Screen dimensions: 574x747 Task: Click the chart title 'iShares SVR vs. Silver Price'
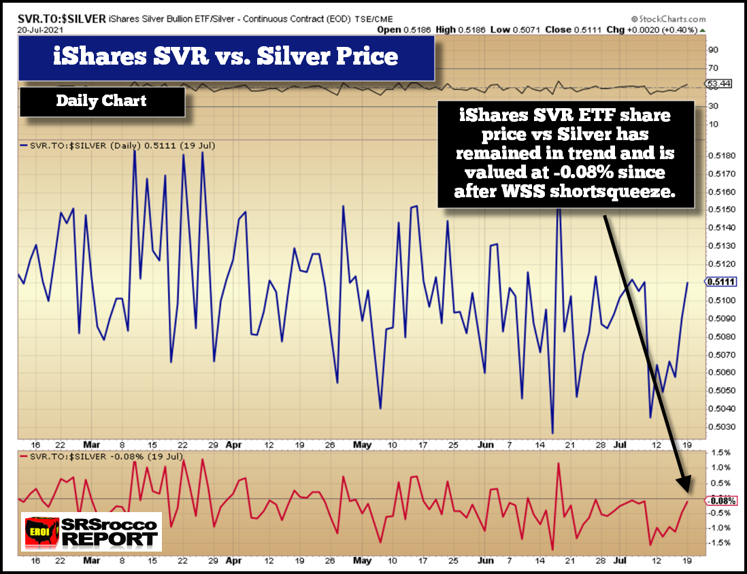tap(226, 56)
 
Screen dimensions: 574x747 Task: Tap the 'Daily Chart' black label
tap(101, 101)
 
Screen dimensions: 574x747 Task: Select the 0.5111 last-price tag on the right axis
tap(718, 282)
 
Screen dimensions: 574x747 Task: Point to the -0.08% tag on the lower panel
tap(721, 501)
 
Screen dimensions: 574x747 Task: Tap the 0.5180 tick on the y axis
tap(720, 156)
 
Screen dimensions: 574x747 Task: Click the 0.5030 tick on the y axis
tap(720, 426)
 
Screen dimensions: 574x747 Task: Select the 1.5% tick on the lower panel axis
tap(719, 452)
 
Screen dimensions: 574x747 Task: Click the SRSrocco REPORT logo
tap(91, 532)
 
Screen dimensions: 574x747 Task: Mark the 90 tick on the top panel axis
tap(712, 50)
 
